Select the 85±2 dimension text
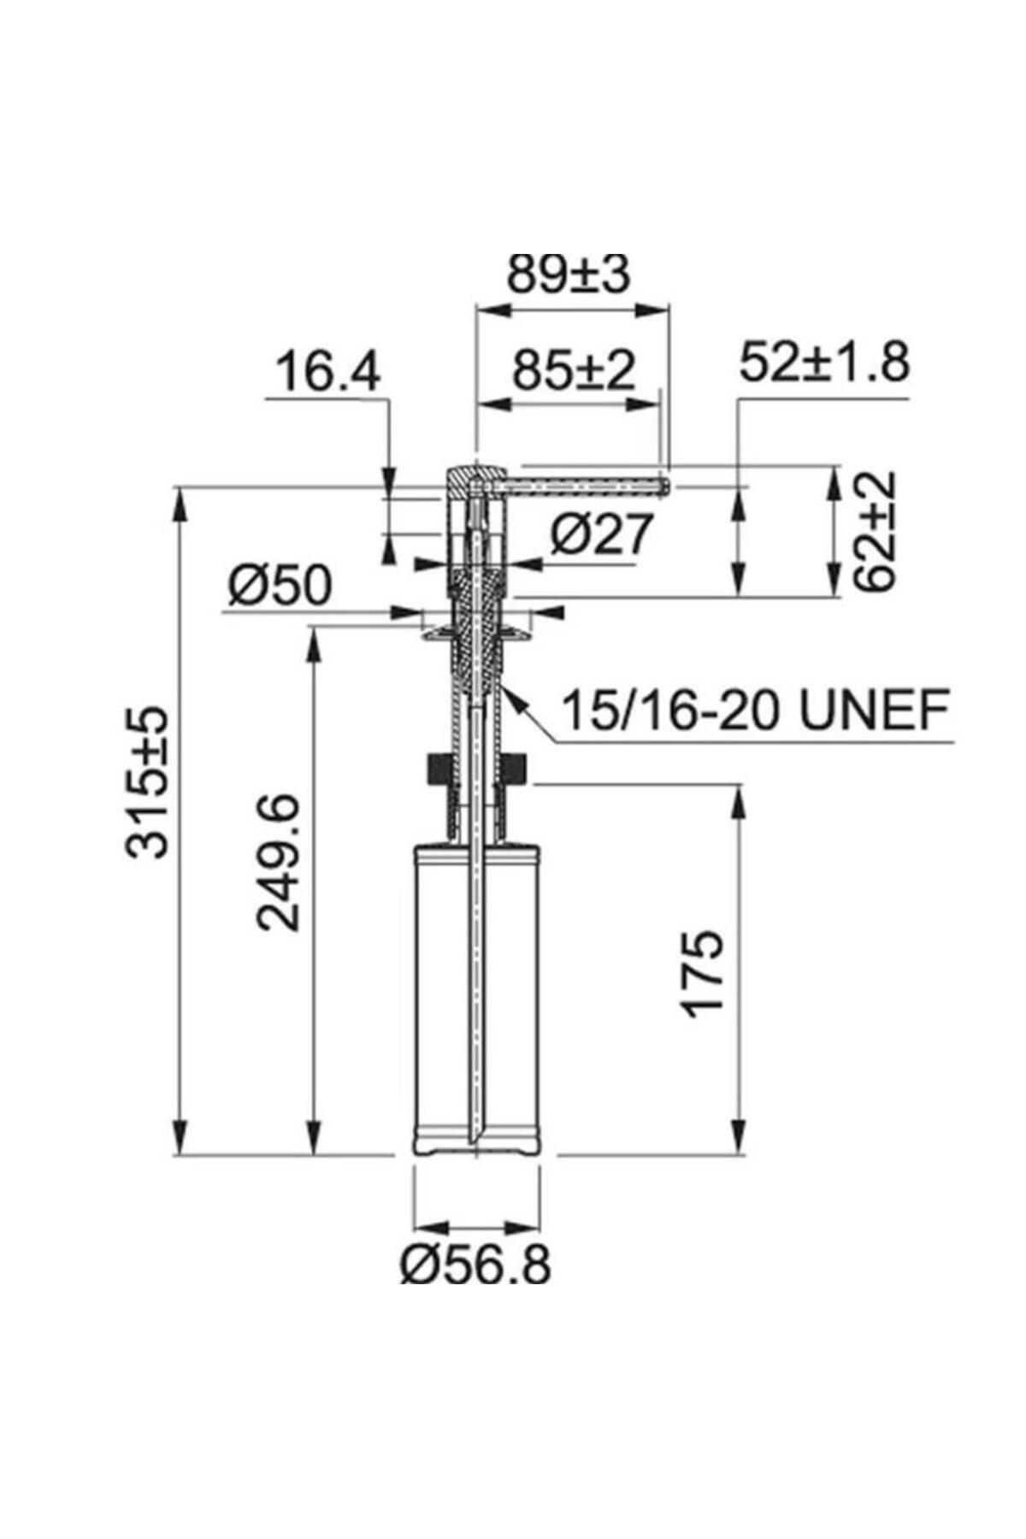coord(574,371)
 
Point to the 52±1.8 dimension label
coord(824,363)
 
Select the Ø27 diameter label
coord(601,535)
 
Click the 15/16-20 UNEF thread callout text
coord(755,711)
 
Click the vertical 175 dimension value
coord(703,972)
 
